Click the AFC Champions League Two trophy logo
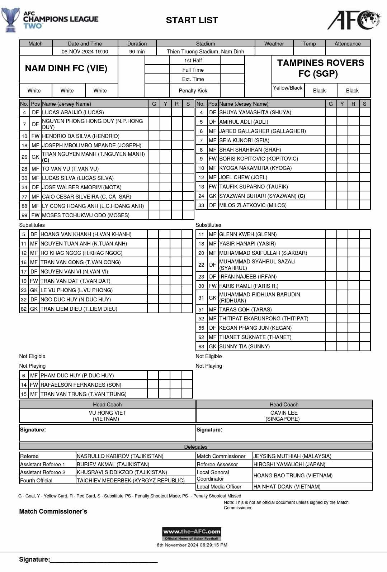tap(10, 20)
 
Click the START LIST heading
tap(192, 20)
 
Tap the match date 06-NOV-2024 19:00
tap(85, 52)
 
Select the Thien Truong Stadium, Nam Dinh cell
tap(205, 52)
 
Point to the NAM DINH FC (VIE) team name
tap(66, 68)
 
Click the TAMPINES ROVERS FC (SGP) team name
tap(320, 68)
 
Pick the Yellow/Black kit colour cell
tap(287, 88)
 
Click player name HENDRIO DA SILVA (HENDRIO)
tap(81, 136)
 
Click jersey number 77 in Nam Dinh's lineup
tap(24, 197)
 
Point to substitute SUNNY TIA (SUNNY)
tap(244, 347)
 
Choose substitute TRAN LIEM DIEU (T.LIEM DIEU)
tap(79, 309)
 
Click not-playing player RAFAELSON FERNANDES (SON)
tap(81, 385)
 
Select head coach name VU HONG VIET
tap(107, 413)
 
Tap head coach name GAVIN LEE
tap(284, 413)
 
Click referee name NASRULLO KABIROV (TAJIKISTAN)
tap(120, 456)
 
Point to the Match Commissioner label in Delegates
tap(221, 456)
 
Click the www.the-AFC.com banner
tap(192, 532)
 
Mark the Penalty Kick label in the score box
tap(193, 91)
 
